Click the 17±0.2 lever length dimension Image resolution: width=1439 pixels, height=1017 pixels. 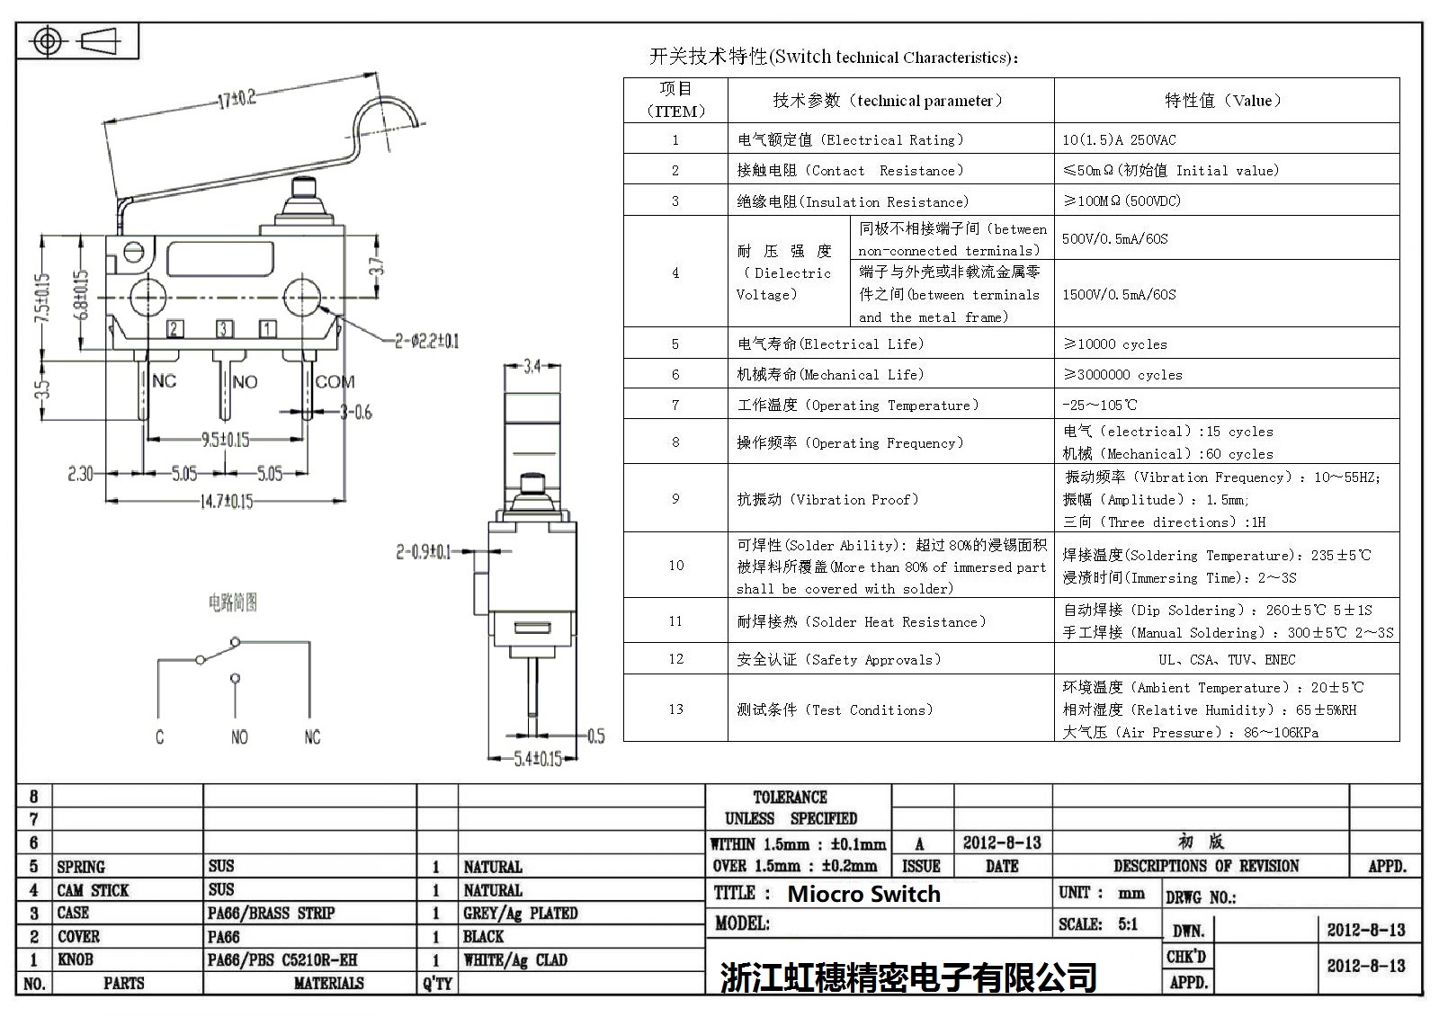click(236, 98)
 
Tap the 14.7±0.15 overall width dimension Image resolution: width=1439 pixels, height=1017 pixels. click(226, 501)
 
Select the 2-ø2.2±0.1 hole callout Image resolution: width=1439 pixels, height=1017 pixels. click(426, 341)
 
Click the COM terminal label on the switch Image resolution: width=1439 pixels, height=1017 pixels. click(335, 382)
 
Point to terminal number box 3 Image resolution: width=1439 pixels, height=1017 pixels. click(223, 329)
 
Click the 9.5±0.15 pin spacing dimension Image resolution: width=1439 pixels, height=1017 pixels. click(225, 440)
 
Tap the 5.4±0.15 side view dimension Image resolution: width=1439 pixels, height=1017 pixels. click(538, 759)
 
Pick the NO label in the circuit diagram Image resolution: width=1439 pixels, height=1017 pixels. click(239, 737)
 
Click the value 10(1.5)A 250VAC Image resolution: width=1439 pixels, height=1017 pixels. click(1119, 140)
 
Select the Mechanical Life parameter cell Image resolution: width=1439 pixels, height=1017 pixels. click(829, 375)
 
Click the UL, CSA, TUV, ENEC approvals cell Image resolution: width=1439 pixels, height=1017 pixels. click(1227, 660)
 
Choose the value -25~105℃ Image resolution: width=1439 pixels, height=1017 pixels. click(1099, 406)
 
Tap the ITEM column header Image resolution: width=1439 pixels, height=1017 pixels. click(675, 100)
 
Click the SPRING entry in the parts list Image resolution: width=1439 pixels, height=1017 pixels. click(81, 867)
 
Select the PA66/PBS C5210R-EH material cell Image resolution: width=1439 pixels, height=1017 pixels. click(282, 960)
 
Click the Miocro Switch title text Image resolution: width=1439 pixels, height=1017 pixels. click(863, 894)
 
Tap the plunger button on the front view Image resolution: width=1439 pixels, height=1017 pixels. click(301, 193)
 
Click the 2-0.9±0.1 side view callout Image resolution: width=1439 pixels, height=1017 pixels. click(424, 551)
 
